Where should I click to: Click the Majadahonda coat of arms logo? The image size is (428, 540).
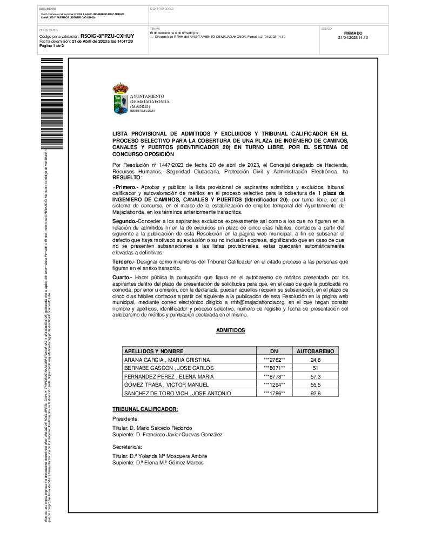pyautogui.click(x=120, y=98)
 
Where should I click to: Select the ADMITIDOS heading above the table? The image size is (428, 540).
pyautogui.click(x=231, y=329)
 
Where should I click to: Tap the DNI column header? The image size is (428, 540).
pyautogui.click(x=274, y=351)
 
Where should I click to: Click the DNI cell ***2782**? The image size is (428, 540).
pyautogui.click(x=274, y=360)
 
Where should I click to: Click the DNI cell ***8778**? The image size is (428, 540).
pyautogui.click(x=274, y=376)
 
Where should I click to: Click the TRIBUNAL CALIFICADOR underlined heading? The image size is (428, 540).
pyautogui.click(x=145, y=409)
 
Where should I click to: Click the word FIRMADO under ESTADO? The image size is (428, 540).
pyautogui.click(x=353, y=33)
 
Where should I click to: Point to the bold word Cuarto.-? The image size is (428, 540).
pyautogui.click(x=122, y=276)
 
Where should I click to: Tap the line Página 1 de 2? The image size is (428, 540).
pyautogui.click(x=52, y=46)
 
